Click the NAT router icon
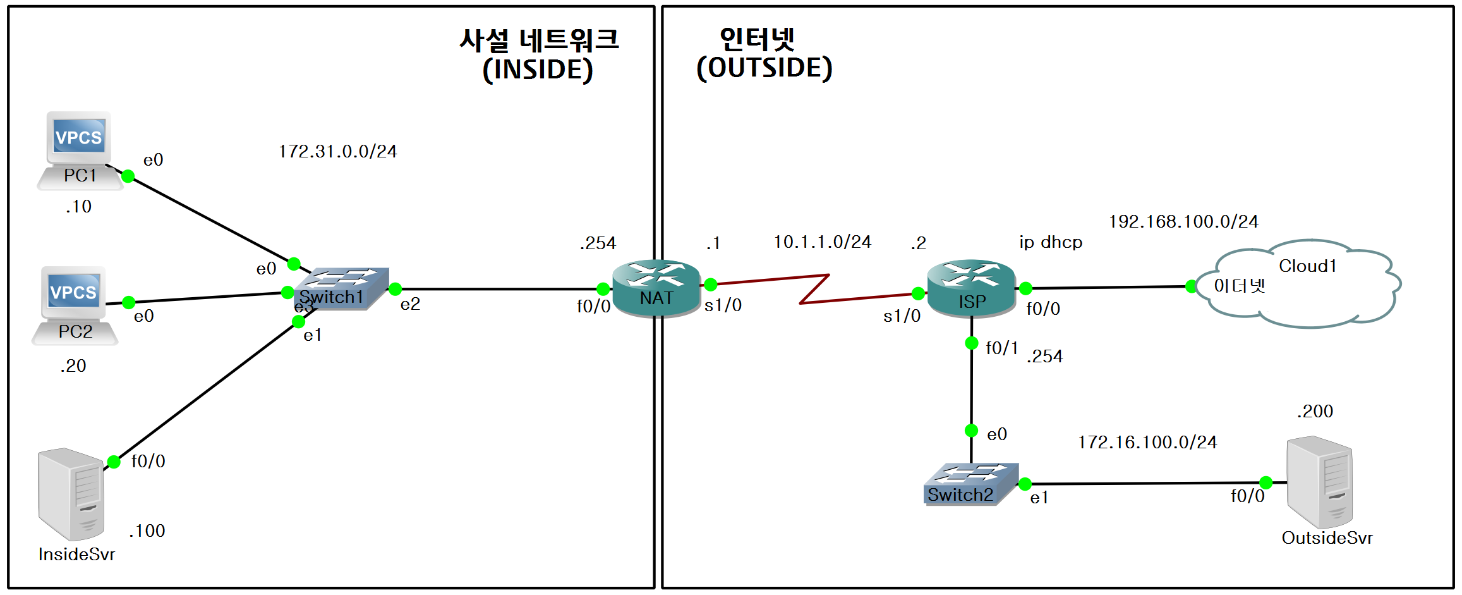[656, 288]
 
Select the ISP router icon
[971, 288]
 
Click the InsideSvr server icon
[71, 493]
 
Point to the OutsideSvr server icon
[1320, 482]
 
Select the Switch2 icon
[970, 484]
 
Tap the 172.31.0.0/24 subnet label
[337, 152]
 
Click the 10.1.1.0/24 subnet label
[822, 242]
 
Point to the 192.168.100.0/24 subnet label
[1183, 222]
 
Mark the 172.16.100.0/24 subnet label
[1147, 443]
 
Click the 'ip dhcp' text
[1050, 243]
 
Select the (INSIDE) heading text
[538, 70]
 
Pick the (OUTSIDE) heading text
[764, 68]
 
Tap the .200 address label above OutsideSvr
[1315, 412]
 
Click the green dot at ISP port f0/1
[972, 343]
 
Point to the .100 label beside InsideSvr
[147, 531]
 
